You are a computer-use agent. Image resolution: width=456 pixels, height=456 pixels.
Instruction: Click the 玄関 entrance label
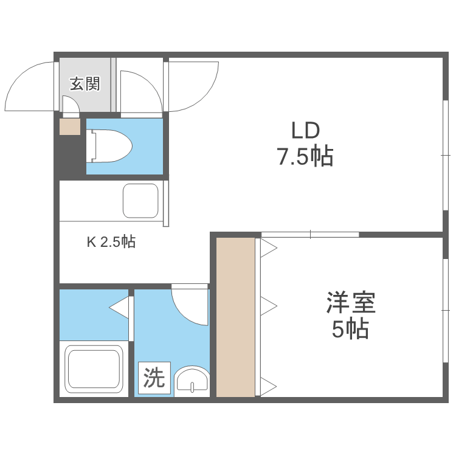[x=85, y=84]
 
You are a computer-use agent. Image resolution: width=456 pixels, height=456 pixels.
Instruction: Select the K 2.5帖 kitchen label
[x=111, y=242]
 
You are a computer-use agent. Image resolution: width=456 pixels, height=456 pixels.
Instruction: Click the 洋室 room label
[x=351, y=302]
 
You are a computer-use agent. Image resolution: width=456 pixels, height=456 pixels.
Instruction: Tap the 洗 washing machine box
[x=154, y=379]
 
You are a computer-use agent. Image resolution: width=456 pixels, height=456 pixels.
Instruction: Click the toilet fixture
[x=109, y=147]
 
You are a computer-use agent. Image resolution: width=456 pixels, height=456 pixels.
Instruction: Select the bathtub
[x=95, y=371]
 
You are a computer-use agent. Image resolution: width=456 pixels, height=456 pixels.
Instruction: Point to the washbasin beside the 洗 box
[x=192, y=382]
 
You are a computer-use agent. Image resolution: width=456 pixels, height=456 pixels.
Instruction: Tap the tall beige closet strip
[x=235, y=316]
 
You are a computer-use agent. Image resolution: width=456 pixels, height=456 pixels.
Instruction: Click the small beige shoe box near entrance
[x=69, y=126]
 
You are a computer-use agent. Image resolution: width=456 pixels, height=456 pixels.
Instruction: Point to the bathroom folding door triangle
[x=120, y=307]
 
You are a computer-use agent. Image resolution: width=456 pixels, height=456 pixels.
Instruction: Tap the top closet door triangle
[x=269, y=247]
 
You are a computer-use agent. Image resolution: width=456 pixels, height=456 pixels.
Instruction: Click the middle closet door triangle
[x=269, y=304]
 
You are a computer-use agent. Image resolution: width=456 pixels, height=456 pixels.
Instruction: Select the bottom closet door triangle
[x=269, y=385]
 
